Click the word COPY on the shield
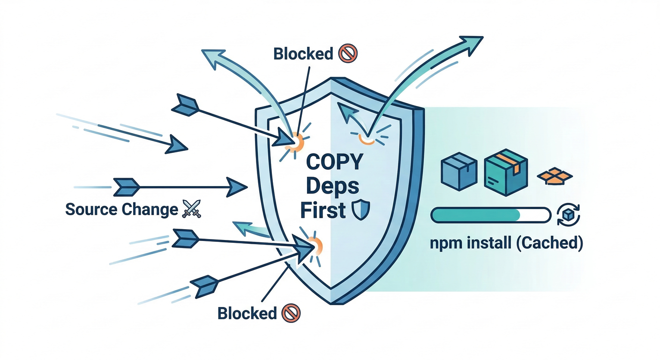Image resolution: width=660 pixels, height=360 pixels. click(335, 163)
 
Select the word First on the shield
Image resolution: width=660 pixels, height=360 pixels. click(322, 211)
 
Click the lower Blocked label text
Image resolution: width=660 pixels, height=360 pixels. click(247, 313)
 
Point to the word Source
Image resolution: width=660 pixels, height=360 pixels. click(91, 209)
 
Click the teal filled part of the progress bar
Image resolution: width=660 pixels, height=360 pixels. click(476, 215)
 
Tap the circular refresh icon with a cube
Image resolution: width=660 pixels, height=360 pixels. click(568, 215)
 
